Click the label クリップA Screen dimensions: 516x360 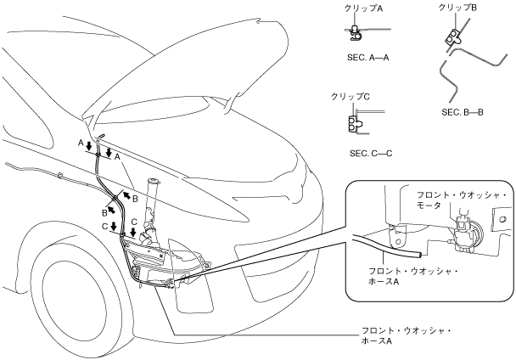pos(363,8)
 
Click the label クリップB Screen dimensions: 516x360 pos(457,8)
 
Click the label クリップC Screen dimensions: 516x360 pos(351,97)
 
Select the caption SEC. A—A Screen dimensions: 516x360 pos(368,57)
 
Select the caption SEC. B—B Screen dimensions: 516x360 pos(463,112)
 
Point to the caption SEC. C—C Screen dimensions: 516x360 pos(371,154)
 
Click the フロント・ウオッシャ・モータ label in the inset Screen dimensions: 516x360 pos(461,200)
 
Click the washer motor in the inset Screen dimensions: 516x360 pos(465,233)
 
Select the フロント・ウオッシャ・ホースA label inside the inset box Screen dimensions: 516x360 pos(413,277)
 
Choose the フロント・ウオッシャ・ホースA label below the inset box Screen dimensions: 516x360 pos(407,335)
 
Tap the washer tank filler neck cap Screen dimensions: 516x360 pos(153,181)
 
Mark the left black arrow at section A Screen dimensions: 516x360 pos(89,146)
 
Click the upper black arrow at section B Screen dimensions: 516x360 pos(126,196)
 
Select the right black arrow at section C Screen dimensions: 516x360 pos(133,232)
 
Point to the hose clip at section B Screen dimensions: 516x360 pos(115,198)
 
